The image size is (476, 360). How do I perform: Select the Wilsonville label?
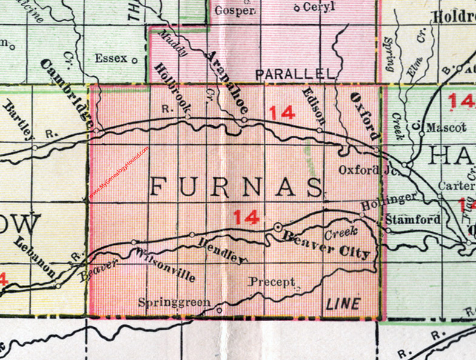pos(166,265)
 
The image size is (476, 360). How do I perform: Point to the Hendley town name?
pos(223,250)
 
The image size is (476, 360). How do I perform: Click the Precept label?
pos(271,282)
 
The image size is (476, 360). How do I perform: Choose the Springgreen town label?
pos(174,301)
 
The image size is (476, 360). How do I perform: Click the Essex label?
pos(112,59)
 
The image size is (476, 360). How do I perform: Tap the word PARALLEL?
pos(295,74)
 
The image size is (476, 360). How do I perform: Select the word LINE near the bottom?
pos(343,304)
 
